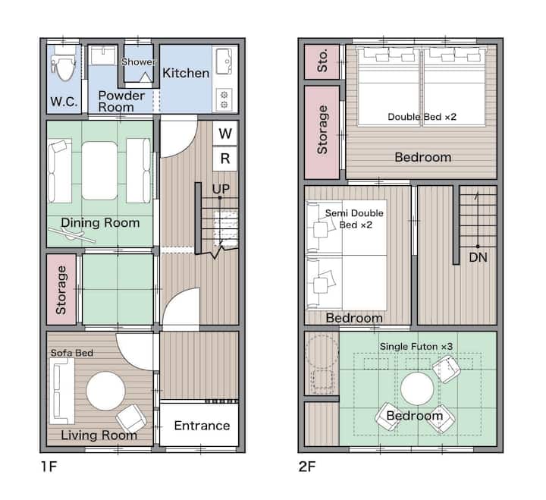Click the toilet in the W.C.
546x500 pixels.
pos(64,64)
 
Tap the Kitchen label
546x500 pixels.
pos(186,73)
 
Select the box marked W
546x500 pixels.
pos(225,133)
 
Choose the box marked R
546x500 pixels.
pos(225,159)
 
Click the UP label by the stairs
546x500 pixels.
pos(221,189)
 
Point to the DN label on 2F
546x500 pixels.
pos(478,257)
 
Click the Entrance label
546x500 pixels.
pos(202,426)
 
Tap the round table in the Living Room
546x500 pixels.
pos(105,391)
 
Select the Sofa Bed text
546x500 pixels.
pos(72,353)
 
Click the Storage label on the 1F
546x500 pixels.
pos(61,290)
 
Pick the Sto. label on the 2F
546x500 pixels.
pos(322,61)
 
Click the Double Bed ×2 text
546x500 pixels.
pos(422,117)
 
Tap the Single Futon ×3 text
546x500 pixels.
pos(416,346)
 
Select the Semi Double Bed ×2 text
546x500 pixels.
pos(354,219)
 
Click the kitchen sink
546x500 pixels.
pos(224,61)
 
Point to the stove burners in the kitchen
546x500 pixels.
pos(224,99)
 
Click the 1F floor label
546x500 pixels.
pos(49,467)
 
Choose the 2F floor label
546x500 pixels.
pos(307,467)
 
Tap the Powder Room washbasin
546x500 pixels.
pos(103,55)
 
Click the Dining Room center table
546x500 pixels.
pos(99,171)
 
